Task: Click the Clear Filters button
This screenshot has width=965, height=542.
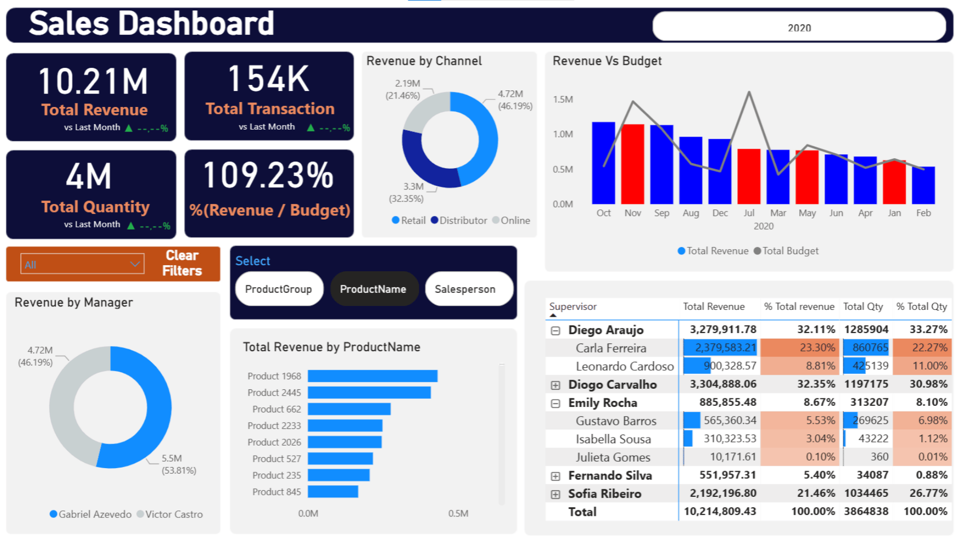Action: (x=181, y=263)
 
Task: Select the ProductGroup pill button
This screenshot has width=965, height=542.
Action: (x=278, y=289)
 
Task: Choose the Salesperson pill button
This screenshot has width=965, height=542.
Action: (x=465, y=289)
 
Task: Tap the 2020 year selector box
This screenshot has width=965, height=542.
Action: (x=799, y=28)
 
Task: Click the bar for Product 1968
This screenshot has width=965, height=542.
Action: (x=372, y=376)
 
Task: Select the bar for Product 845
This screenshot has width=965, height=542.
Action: (x=333, y=492)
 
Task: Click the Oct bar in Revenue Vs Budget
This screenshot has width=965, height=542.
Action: (x=603, y=163)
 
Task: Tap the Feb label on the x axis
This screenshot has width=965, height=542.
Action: (x=923, y=213)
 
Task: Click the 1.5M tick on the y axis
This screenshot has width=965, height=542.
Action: (x=562, y=99)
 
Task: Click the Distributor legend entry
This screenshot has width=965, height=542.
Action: (x=458, y=221)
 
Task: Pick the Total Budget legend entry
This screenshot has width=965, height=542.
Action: (x=786, y=251)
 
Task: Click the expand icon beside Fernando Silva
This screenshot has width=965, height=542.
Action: (x=555, y=476)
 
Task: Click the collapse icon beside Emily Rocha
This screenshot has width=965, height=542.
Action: (x=555, y=403)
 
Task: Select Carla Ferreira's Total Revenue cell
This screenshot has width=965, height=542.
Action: (x=720, y=348)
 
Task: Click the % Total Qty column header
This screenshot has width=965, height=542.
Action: (x=921, y=306)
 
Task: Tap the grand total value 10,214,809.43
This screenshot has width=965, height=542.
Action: (x=720, y=511)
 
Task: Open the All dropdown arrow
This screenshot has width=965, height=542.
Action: (x=135, y=264)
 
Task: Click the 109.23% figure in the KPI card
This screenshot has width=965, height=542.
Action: (x=268, y=176)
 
